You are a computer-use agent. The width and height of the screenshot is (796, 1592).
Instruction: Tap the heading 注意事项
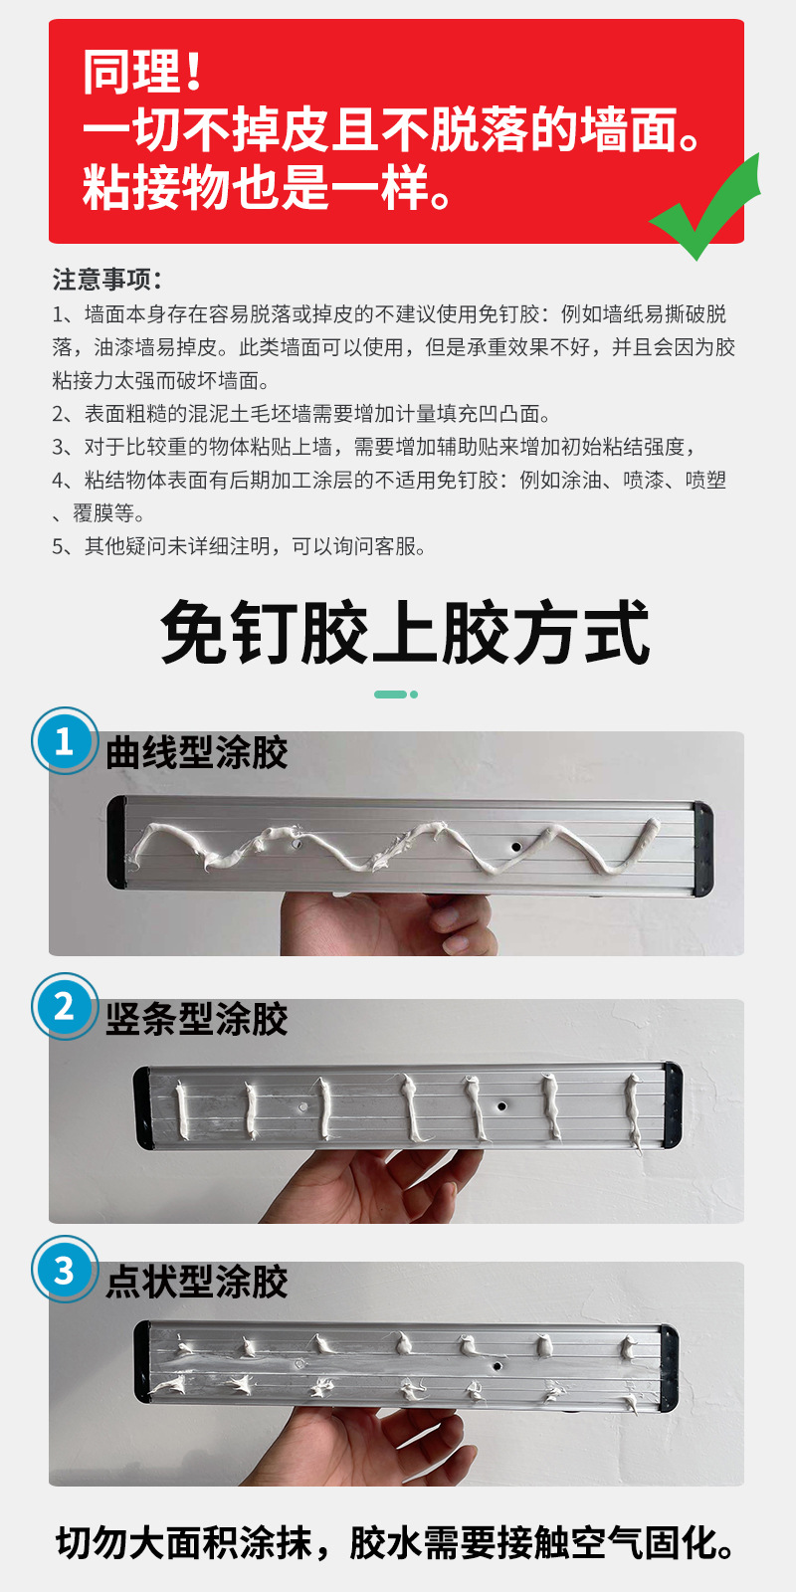coord(106,279)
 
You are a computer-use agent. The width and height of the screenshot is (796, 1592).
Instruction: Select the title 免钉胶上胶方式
coord(404,634)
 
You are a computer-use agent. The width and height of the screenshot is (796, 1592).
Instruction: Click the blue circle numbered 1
coord(65,741)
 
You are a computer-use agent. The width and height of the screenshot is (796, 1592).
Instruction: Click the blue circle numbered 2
coord(65,1007)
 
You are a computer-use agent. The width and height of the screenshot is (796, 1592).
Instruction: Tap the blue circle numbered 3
coord(65,1270)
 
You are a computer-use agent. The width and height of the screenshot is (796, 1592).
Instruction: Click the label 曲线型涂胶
coord(197,753)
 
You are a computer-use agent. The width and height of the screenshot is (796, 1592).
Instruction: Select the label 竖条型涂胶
coord(197,1019)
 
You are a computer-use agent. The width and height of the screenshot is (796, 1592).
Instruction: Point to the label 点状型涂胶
coord(197,1282)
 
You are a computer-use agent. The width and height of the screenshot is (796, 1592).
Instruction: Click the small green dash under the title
coord(391,695)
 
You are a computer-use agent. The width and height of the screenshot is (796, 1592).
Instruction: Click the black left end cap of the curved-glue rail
coord(117,842)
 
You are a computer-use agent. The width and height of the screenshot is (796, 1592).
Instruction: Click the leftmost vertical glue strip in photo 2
coord(183,1111)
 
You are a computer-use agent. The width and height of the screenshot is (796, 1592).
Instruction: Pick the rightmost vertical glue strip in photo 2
coord(632,1110)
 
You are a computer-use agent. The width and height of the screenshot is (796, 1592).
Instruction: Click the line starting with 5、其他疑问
coord(239,546)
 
